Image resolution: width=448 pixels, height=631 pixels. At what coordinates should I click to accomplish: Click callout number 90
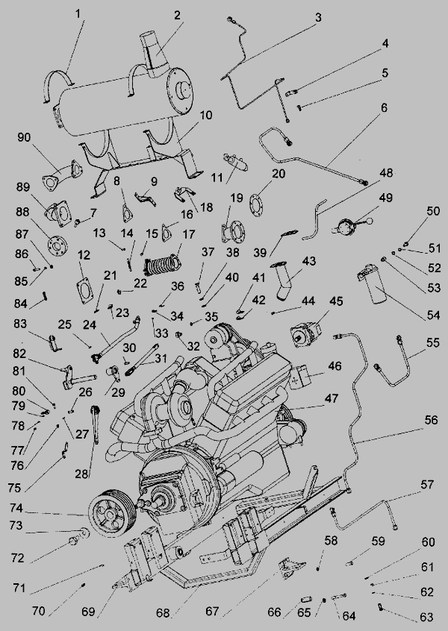pos(24,137)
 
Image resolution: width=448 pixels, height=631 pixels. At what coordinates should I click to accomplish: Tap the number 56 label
pos(431,420)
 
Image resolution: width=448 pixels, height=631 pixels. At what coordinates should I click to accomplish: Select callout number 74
pos(16,508)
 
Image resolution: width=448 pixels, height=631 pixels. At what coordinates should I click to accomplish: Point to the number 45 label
pos(336,301)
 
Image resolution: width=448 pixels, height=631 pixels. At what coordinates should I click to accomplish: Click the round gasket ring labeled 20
pos(256,200)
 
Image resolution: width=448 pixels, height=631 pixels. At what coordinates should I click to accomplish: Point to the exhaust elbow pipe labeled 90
pos(62,175)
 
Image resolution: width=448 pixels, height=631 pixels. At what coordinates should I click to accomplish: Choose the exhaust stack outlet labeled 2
pos(155,54)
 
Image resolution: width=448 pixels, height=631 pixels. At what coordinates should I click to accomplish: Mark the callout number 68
pos(164,613)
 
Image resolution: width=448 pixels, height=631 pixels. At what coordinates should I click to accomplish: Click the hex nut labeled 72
pos(74,541)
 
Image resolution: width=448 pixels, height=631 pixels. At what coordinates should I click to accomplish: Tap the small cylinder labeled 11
pos(236,162)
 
